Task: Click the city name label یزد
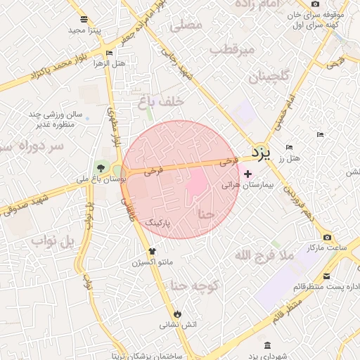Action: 261,152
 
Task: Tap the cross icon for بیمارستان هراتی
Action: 247,174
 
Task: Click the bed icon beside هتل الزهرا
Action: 109,53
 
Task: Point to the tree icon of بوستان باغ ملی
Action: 101,168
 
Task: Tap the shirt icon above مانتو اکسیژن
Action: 151,251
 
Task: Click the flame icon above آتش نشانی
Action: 176,314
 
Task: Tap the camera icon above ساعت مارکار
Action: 327,238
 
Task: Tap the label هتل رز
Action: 288,158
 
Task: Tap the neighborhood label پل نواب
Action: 52,242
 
